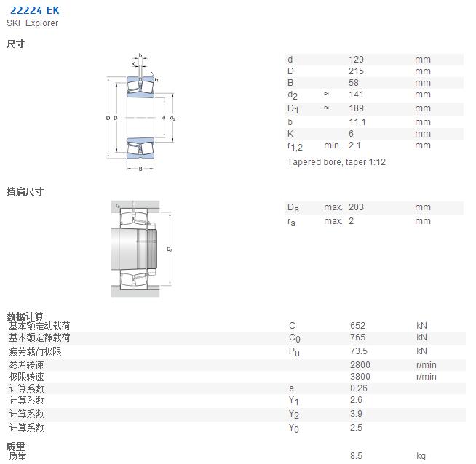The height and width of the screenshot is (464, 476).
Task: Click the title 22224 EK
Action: pos(35,10)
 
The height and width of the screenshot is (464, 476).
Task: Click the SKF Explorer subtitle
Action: pos(33,23)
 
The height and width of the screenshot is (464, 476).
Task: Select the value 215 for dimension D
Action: pos(356,71)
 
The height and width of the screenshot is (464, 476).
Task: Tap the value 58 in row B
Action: pos(354,82)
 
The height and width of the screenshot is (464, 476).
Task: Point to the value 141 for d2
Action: pos(356,95)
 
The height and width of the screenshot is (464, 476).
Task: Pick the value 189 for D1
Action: pos(356,108)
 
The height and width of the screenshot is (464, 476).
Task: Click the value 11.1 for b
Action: pos(357,122)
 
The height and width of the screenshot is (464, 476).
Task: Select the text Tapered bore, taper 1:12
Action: pos(336,162)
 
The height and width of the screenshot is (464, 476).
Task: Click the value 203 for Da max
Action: pos(356,207)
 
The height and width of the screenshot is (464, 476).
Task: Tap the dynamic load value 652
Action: pos(357,325)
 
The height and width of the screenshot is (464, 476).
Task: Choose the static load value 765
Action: pos(357,337)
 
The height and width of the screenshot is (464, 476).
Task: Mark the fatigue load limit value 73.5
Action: pos(359,351)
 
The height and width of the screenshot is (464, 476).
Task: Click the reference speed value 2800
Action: pos(360,365)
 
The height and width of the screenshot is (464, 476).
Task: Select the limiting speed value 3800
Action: pos(360,376)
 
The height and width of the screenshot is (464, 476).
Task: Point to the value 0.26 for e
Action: pos(359,388)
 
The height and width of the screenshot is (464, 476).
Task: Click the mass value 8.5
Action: pos(356,455)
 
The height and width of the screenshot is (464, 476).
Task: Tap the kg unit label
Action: pos(421,456)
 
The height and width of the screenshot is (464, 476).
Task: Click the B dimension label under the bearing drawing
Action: pos(140,169)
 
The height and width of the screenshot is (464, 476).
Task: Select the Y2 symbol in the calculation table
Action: pos(293,415)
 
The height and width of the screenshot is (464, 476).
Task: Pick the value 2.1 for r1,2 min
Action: pos(354,145)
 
